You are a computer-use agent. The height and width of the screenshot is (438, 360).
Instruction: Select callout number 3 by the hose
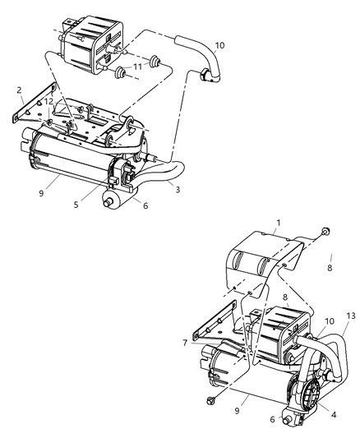click(x=176, y=188)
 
